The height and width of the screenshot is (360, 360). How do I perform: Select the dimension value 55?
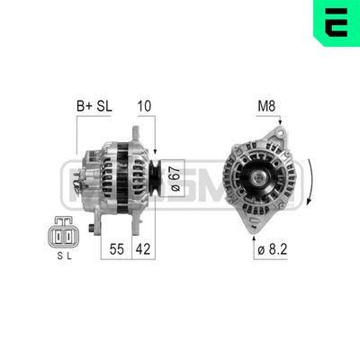click(x=118, y=247)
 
